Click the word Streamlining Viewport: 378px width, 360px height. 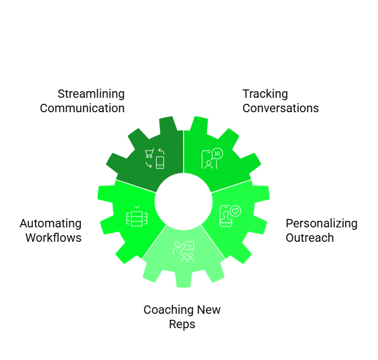[91, 94]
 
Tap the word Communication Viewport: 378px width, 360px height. [82, 109]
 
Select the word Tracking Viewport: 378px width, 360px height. [265, 94]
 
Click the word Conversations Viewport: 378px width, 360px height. [280, 109]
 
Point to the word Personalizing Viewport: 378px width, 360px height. [321, 223]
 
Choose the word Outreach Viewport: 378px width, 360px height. [310, 238]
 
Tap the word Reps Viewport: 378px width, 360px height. [182, 325]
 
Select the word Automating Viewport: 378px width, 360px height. [50, 223]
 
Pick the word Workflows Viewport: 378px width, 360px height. [53, 238]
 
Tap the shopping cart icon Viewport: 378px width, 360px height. [149, 154]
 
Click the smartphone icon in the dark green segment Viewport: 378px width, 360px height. [160, 162]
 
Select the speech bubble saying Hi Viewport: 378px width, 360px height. [217, 154]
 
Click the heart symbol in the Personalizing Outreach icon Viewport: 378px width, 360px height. [235, 211]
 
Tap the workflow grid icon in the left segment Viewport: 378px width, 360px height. [136, 218]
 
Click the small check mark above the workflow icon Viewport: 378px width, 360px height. [137, 206]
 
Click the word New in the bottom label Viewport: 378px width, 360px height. [208, 310]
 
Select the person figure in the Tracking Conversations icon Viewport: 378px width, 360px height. [208, 163]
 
